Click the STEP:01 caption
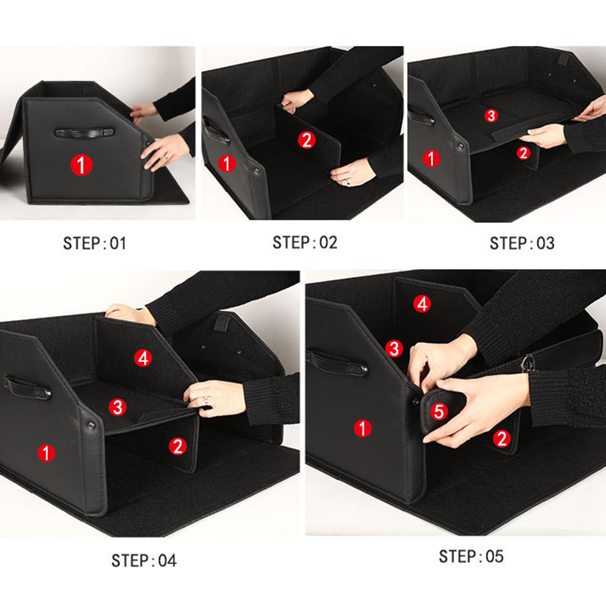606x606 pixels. tap(94, 244)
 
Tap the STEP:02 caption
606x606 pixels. tap(305, 242)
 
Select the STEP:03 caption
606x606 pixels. tap(521, 243)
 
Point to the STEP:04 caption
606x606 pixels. tap(144, 561)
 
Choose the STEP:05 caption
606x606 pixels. tap(471, 556)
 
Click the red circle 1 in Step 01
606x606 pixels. tap(81, 165)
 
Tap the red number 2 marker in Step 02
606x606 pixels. tap(306, 140)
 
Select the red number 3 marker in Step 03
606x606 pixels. tap(491, 116)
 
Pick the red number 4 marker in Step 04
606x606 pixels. tap(143, 358)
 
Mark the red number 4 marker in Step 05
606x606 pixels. tap(422, 304)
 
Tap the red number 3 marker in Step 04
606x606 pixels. tap(117, 407)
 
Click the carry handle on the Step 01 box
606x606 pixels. tap(84, 133)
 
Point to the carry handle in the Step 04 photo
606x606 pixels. tap(28, 387)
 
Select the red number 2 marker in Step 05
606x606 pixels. tap(501, 438)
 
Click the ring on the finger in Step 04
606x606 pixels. tap(206, 400)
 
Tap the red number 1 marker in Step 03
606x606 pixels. tap(431, 159)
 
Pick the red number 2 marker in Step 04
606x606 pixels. tap(177, 447)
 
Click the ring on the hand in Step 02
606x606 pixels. tap(347, 181)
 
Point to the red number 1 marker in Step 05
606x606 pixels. tap(362, 429)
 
